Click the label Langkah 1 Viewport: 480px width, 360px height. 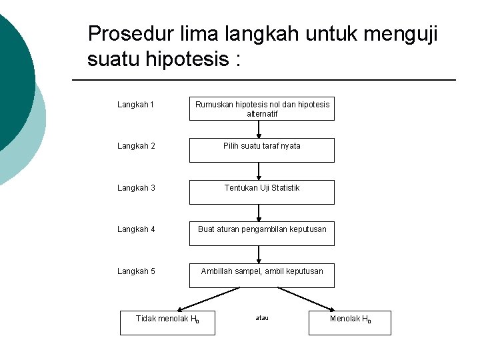(135, 105)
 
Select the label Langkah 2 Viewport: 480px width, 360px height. (136, 146)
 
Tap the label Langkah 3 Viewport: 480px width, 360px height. (136, 188)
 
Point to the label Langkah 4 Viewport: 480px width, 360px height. (136, 229)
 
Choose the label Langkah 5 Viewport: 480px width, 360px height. (136, 271)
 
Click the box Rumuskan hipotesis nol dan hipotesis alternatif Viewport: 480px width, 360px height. (261, 109)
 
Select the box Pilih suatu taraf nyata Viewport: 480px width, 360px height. (261, 150)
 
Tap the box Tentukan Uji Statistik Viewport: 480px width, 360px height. (261, 192)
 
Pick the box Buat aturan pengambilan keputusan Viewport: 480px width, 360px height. (261, 233)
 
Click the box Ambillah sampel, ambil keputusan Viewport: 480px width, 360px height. (261, 275)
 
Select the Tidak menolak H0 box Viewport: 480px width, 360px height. (167, 322)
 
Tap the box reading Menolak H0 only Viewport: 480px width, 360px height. (350, 322)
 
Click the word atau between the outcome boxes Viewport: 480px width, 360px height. (262, 318)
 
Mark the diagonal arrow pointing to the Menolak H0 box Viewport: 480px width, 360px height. (307, 299)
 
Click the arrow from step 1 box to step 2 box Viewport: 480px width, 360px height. (259, 129)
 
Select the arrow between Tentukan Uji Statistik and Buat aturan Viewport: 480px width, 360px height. (259, 213)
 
